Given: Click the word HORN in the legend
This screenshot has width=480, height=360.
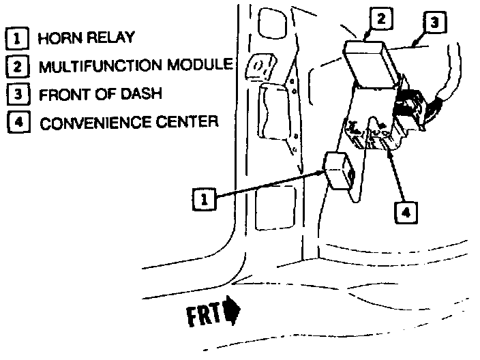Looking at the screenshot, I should click(x=58, y=37).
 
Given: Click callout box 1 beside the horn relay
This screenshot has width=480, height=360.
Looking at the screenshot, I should click(x=202, y=198).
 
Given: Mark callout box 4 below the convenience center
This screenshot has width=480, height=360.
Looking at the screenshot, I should click(x=406, y=212).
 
